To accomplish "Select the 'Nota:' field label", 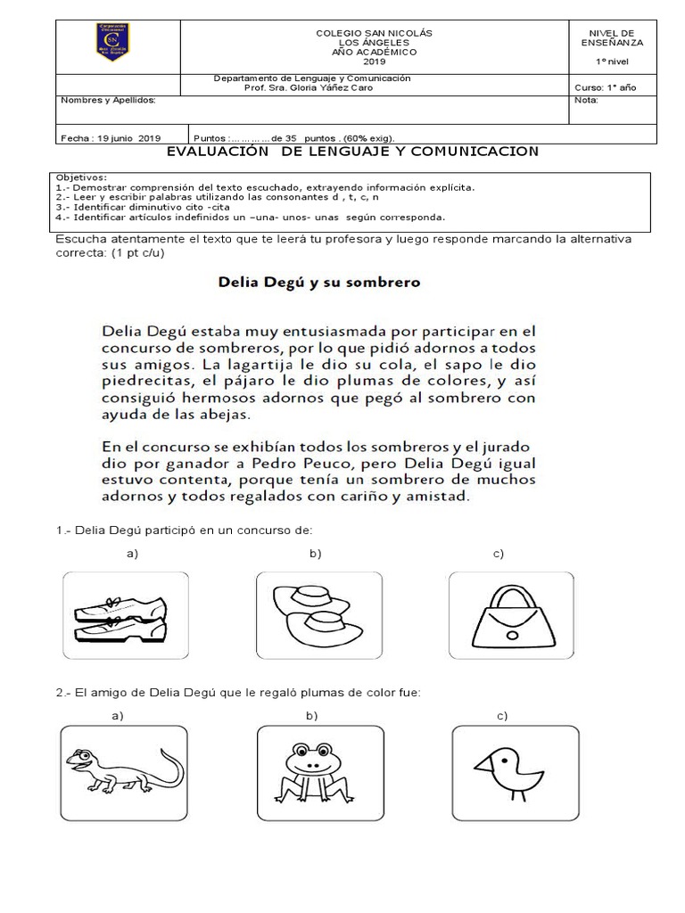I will (587, 101).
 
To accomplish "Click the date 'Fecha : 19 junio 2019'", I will (111, 138).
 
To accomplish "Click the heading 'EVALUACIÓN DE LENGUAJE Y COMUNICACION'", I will (353, 152).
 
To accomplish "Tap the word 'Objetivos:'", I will (81, 178).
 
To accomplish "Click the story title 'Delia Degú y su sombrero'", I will (319, 283).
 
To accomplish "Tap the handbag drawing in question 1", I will (507, 615).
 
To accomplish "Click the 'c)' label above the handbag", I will (499, 555).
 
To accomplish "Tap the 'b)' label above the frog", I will (311, 715).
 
